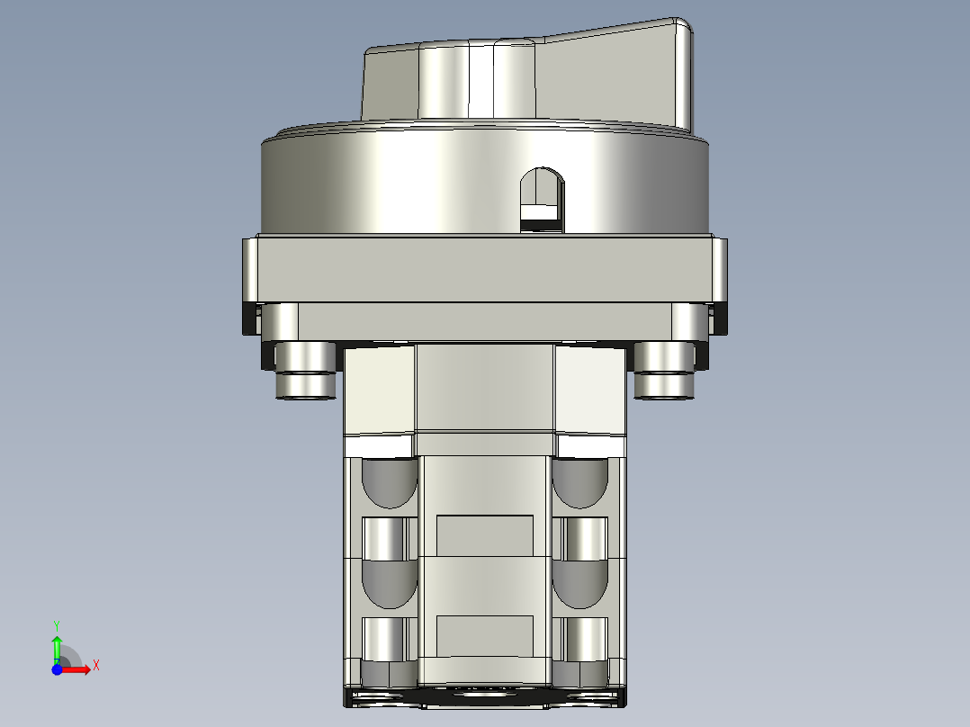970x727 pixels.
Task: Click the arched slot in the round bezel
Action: [543, 197]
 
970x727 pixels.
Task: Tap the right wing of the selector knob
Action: [621, 76]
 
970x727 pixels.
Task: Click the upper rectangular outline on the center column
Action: [484, 534]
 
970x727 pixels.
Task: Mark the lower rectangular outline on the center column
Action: [484, 635]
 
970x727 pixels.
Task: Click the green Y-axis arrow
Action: [57, 646]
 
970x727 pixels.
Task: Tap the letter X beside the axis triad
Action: [95, 665]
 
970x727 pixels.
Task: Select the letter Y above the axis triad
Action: [56, 624]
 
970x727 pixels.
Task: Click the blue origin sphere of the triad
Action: [56, 669]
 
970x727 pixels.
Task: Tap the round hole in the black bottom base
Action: [484, 694]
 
